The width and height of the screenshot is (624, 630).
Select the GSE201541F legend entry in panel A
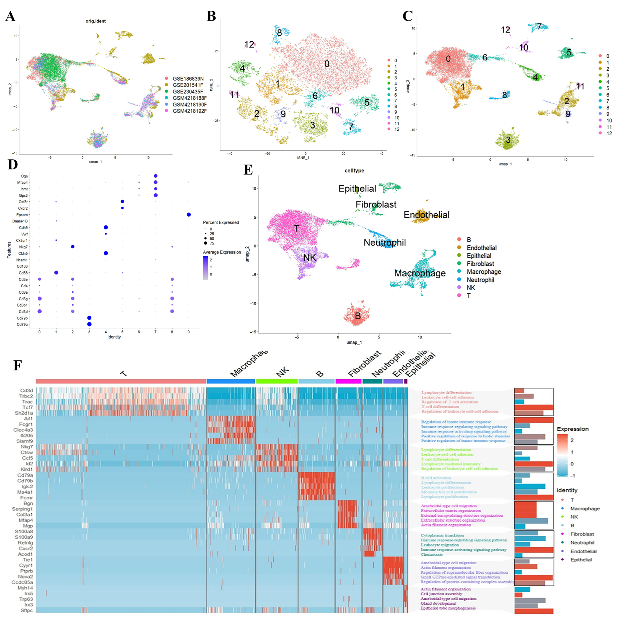click(188, 85)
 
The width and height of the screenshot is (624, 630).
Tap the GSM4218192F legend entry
click(189, 111)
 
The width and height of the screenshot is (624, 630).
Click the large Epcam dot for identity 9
click(189, 215)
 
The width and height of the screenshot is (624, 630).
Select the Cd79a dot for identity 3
click(89, 324)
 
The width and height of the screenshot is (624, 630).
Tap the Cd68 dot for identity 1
click(56, 273)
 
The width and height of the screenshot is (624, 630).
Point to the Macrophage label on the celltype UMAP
click(420, 273)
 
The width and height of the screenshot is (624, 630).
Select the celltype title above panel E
click(354, 171)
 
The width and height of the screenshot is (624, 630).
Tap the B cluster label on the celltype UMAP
click(358, 316)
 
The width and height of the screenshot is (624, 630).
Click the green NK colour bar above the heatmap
click(277, 381)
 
